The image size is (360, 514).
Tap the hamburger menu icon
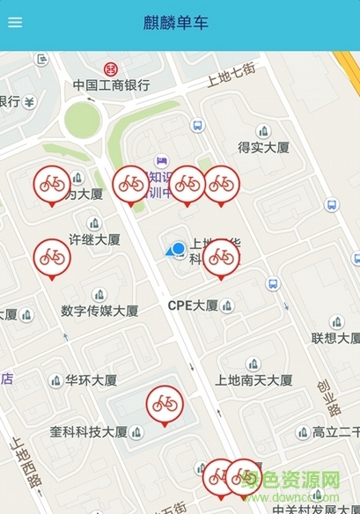click(x=15, y=23)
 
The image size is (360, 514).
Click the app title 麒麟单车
click(x=176, y=23)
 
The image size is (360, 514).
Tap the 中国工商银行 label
click(x=111, y=85)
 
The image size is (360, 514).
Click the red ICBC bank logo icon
click(x=111, y=69)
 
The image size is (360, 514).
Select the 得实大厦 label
click(x=263, y=147)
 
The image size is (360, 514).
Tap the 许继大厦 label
click(x=95, y=239)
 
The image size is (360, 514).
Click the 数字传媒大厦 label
click(x=99, y=310)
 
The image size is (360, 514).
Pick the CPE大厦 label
click(x=193, y=305)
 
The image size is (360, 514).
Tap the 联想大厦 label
click(x=335, y=338)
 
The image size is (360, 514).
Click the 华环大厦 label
click(x=91, y=380)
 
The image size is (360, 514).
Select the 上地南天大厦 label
click(x=253, y=380)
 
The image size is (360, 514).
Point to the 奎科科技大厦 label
click(x=89, y=432)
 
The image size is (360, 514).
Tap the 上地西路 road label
click(x=25, y=463)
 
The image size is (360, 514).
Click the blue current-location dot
click(x=179, y=249)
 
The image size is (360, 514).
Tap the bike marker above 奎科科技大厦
click(x=165, y=404)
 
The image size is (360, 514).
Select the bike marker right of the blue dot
click(x=221, y=256)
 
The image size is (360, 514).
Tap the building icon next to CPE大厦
click(x=227, y=306)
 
